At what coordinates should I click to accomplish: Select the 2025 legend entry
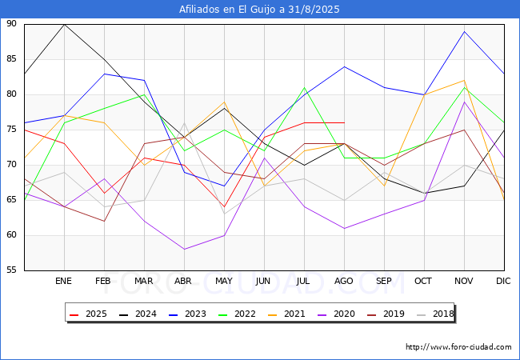click(88, 314)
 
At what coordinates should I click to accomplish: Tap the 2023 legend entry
click(187, 314)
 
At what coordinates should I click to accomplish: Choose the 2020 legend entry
click(336, 314)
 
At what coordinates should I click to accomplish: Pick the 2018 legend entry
click(435, 314)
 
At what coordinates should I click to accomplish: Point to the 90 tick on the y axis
click(11, 23)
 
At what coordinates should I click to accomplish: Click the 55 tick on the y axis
click(11, 270)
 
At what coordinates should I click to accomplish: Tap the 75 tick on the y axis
click(11, 130)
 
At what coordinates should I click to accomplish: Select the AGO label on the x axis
click(343, 281)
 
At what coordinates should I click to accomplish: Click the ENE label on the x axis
click(63, 281)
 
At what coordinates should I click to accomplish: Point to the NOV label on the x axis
click(464, 281)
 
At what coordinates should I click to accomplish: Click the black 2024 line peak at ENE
click(64, 25)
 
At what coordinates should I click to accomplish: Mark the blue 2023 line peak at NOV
click(464, 31)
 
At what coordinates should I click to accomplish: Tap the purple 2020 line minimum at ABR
click(184, 250)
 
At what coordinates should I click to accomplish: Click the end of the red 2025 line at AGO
click(345, 122)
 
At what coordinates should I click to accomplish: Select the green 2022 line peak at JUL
click(305, 87)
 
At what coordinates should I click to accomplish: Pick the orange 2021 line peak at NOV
click(464, 80)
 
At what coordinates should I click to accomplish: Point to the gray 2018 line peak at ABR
click(184, 122)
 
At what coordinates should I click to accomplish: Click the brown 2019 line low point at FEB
click(105, 221)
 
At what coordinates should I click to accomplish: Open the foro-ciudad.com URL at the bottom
click(458, 347)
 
